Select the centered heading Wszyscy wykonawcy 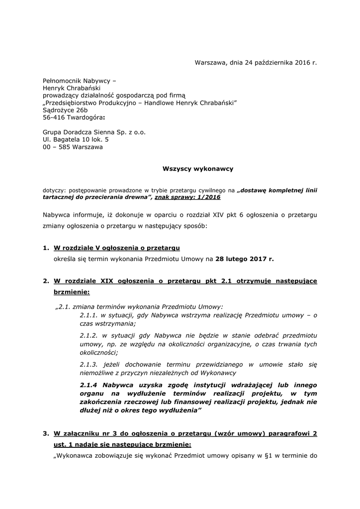(198, 169)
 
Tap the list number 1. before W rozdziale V (46, 248)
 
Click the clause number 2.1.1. (90, 315)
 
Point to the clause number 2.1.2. (90, 335)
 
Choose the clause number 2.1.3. (90, 364)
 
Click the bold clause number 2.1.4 (90, 385)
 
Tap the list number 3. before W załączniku (46, 433)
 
